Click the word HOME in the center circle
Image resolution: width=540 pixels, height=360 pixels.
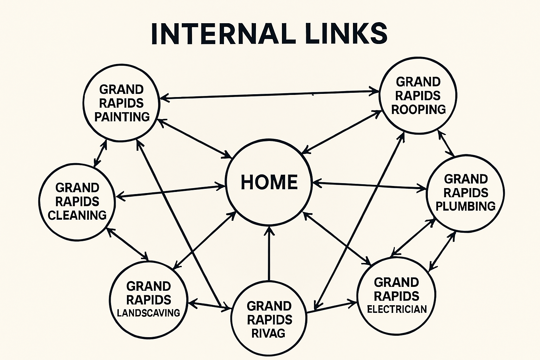(x=269, y=182)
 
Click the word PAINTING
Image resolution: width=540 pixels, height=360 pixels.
(x=122, y=117)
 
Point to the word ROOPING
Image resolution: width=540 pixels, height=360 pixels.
(x=418, y=110)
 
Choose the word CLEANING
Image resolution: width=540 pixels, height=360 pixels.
(x=77, y=215)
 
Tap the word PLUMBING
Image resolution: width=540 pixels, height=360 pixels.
(x=465, y=206)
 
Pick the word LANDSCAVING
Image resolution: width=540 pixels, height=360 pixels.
(x=148, y=313)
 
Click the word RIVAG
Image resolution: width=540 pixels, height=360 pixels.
(x=269, y=333)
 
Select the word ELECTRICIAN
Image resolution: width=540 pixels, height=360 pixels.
(x=397, y=309)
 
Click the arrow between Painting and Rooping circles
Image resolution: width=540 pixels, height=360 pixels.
(x=270, y=95)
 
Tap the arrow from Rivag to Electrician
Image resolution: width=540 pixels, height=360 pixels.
(x=330, y=307)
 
